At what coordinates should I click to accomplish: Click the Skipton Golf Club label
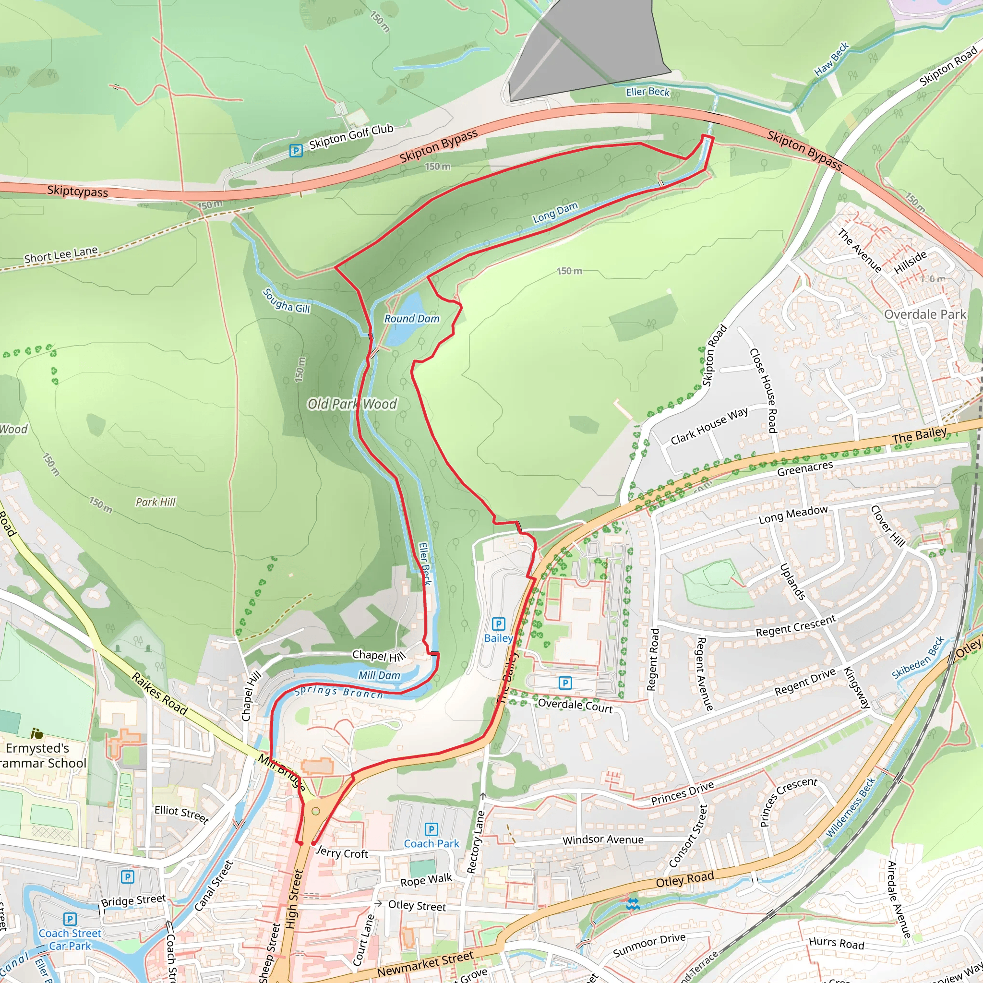351,136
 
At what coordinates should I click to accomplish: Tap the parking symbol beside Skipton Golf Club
296,150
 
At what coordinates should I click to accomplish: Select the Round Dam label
412,319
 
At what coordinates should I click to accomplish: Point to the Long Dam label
555,213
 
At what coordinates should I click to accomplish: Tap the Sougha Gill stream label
287,300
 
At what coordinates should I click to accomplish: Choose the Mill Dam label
379,675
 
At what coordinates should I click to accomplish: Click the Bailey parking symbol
498,624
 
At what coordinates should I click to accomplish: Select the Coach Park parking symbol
431,829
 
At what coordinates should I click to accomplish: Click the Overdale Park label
924,314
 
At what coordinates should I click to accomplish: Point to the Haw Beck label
831,60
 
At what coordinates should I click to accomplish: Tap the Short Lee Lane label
60,254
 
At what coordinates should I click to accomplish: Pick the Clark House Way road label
709,426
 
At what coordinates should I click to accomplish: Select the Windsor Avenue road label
603,839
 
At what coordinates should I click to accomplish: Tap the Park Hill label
155,502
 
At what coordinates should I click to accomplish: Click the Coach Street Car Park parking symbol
70,919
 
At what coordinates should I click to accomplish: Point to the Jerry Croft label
342,853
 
